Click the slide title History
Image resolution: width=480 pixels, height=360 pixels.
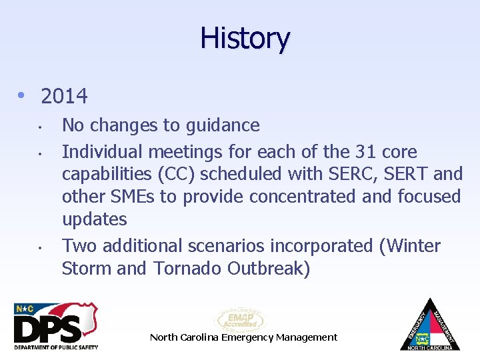pyautogui.click(x=245, y=38)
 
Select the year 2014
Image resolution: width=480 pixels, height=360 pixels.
pyautogui.click(x=64, y=97)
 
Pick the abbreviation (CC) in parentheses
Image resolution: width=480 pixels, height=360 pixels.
pyautogui.click(x=177, y=174)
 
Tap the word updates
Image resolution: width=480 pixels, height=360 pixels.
pyautogui.click(x=94, y=219)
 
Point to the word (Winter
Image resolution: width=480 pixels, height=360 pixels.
pyautogui.click(x=409, y=246)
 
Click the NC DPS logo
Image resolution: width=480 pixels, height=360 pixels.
pyautogui.click(x=56, y=326)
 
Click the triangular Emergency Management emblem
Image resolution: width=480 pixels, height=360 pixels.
pyautogui.click(x=429, y=325)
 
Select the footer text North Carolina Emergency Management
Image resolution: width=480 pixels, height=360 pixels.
pyautogui.click(x=243, y=337)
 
